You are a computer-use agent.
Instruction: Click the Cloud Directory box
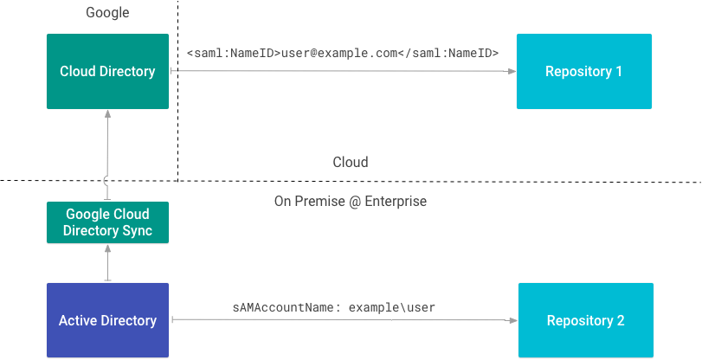tap(107, 72)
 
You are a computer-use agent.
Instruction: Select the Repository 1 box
tap(583, 72)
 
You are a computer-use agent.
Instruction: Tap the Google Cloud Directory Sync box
tap(107, 222)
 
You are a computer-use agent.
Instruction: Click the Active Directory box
tap(107, 320)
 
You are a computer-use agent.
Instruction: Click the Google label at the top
tap(107, 13)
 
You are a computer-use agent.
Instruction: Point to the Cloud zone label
tap(351, 163)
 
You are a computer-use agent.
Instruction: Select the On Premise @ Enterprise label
tap(350, 202)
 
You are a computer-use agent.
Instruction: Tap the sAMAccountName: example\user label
tap(333, 307)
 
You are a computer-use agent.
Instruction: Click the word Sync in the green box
tap(135, 231)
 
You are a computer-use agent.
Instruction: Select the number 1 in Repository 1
tap(618, 72)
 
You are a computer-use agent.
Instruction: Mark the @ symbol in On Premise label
tap(351, 202)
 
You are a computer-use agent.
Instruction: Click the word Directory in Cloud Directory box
tap(127, 72)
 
